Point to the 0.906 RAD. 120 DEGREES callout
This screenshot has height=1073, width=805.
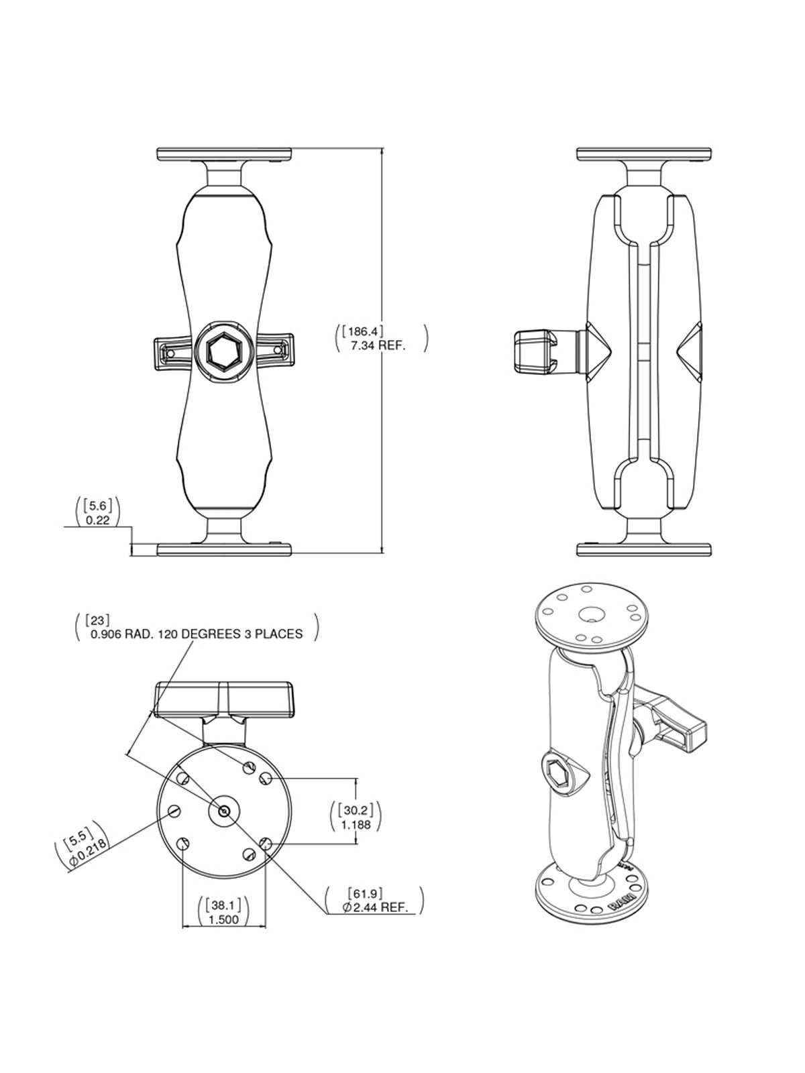pyautogui.click(x=197, y=633)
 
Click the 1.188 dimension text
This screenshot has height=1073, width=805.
pyautogui.click(x=356, y=826)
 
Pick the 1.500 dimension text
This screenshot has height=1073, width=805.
pyautogui.click(x=224, y=919)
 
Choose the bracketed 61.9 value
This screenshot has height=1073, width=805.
pyautogui.click(x=366, y=893)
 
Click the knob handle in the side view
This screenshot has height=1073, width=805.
pyautogui.click(x=534, y=351)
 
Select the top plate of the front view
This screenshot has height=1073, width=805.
pyautogui.click(x=224, y=154)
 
